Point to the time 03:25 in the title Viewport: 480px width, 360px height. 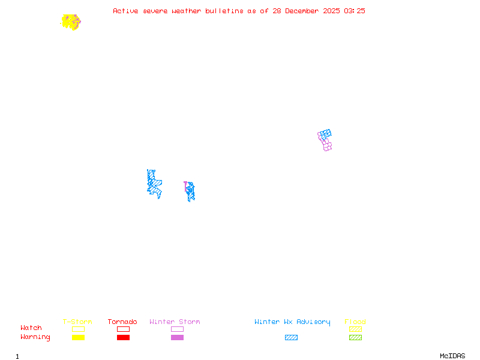355,11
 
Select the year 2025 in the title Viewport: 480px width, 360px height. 331,11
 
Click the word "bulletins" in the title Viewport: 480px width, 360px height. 224,11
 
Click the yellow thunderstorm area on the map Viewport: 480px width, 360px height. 70,22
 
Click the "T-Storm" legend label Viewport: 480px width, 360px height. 77,322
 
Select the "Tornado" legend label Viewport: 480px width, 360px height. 122,322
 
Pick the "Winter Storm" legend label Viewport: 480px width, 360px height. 175,322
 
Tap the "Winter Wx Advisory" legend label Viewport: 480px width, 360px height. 292,322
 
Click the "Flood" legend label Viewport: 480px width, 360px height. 355,322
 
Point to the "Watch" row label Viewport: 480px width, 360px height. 31,328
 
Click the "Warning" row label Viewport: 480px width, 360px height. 35,337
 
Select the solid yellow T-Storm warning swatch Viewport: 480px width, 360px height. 78,338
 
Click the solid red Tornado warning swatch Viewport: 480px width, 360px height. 123,338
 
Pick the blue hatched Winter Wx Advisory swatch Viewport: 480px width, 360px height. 291,338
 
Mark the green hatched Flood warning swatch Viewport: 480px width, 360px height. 355,338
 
